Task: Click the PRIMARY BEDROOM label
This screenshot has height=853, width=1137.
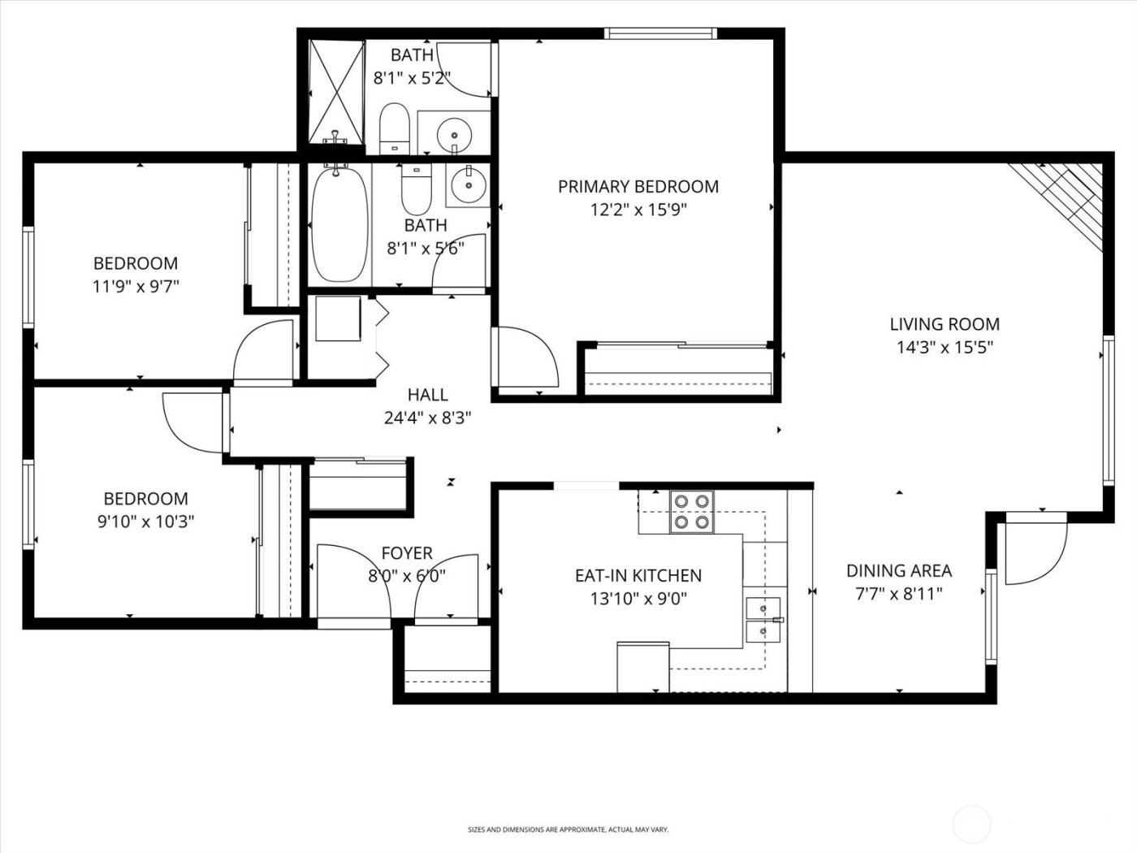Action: click(638, 187)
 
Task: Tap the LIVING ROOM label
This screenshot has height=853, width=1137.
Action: click(945, 324)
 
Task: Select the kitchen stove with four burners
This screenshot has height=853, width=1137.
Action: click(691, 512)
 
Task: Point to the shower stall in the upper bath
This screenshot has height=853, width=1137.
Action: click(335, 89)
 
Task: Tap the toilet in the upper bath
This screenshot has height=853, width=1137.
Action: click(395, 128)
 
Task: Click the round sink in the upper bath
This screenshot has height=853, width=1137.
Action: click(453, 132)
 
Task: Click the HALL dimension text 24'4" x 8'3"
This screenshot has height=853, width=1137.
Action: click(427, 418)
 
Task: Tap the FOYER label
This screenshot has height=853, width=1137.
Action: click(406, 553)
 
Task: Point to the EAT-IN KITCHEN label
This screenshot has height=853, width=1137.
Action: click(638, 575)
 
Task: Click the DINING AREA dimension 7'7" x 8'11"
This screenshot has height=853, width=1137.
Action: click(898, 594)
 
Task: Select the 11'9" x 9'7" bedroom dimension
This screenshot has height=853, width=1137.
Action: click(136, 286)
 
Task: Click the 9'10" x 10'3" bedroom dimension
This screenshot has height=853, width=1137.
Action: click(145, 522)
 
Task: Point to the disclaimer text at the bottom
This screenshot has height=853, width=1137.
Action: click(568, 829)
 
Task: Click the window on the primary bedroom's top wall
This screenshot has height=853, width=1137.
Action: click(659, 33)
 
